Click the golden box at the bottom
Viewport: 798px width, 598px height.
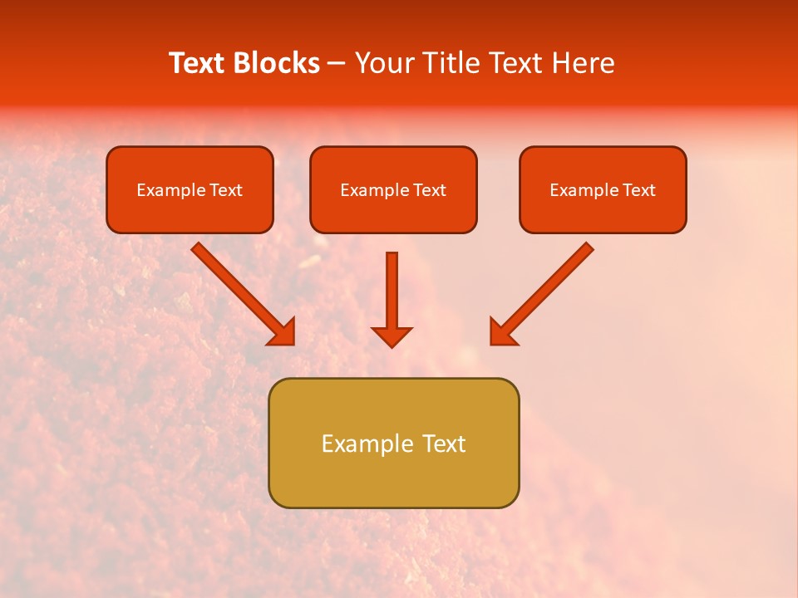pos(393,482)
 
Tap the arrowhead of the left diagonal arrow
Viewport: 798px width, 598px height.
pos(283,332)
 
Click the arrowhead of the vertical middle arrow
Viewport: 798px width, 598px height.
pos(392,336)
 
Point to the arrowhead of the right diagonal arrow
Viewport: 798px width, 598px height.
pos(502,332)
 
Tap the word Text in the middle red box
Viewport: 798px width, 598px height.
pos(429,190)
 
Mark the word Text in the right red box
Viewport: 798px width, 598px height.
pos(638,190)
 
